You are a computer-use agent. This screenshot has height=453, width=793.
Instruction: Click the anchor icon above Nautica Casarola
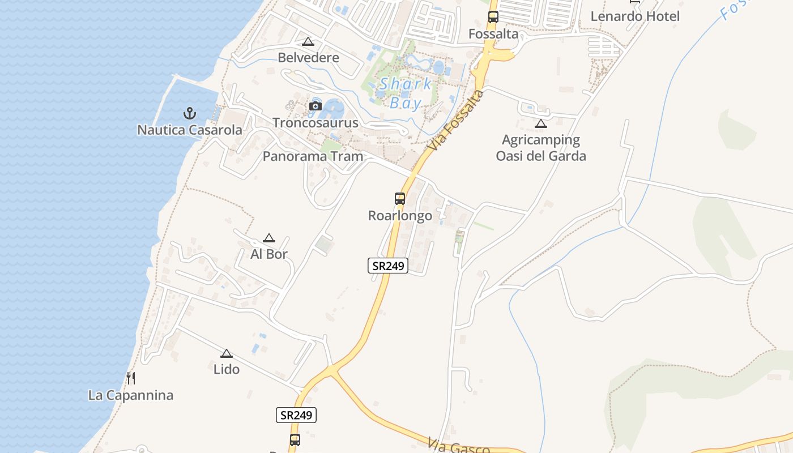[x=190, y=113]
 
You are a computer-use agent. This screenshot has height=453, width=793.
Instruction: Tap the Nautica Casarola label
[x=190, y=130]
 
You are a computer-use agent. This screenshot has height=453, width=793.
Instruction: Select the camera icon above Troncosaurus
[x=316, y=106]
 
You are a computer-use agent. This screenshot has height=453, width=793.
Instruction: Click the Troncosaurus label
[x=316, y=123]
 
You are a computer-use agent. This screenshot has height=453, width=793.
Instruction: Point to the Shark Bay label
[x=406, y=93]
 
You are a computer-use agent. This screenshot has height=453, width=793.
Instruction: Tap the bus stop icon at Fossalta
[x=493, y=17]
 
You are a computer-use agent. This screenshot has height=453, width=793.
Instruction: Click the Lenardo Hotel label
[x=635, y=16]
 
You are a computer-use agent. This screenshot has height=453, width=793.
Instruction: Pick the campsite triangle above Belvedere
[x=308, y=41]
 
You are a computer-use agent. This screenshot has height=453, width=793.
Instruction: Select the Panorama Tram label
[x=313, y=156]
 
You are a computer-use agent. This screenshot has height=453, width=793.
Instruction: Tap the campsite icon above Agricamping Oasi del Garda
[x=541, y=123]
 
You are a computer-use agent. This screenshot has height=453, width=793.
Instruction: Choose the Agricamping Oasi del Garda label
[x=541, y=148]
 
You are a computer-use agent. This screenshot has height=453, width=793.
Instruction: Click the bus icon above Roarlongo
[x=400, y=199]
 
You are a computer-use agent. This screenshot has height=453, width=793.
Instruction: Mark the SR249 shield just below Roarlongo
[x=388, y=265]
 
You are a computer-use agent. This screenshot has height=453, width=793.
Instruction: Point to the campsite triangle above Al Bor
[x=269, y=238]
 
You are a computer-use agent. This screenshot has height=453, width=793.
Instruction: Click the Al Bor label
[x=269, y=254]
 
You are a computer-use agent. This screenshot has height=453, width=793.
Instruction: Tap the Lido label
[x=227, y=369]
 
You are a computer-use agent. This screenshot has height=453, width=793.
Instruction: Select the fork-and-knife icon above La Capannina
[x=131, y=378]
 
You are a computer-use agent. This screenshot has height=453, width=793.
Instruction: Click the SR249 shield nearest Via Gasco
[x=296, y=415]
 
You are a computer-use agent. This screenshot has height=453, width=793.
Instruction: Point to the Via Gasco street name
[x=459, y=446]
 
